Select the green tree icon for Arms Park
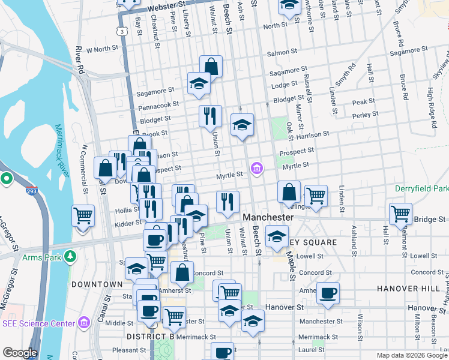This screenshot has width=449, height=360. [71, 257]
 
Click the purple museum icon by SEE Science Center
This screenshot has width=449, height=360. [83, 323]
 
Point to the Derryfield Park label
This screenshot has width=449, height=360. [421, 188]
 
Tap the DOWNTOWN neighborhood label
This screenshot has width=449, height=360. [97, 284]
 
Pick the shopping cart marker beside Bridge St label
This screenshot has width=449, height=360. [400, 214]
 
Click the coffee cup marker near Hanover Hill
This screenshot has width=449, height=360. [328, 293]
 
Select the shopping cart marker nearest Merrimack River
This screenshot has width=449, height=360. [83, 215]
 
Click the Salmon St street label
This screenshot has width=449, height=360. [278, 53]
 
